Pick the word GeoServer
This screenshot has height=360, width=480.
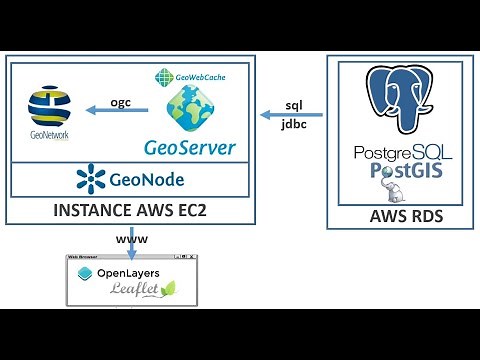pos(190,148)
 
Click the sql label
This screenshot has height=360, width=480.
pos(294,104)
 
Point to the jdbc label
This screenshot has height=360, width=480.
pos(295,128)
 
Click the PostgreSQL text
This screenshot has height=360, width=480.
pos(403,154)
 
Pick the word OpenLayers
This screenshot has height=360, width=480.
pos(139,273)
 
